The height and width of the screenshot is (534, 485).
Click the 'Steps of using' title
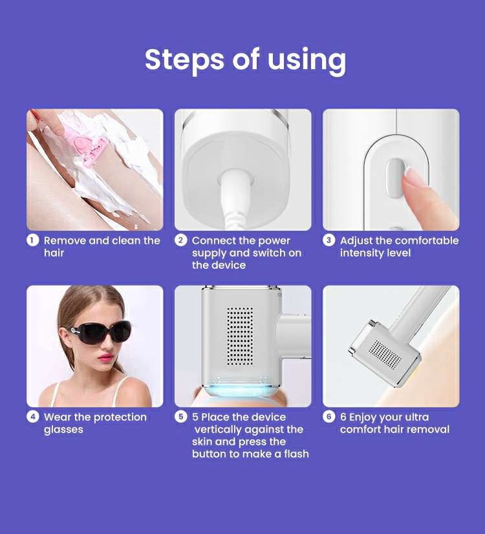coord(245,61)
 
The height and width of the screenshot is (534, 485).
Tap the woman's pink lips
coord(105,357)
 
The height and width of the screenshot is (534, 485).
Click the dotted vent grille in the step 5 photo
coord(240,336)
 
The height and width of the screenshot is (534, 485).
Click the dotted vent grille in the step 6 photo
coord(386,355)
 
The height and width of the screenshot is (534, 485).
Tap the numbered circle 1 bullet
coord(32,240)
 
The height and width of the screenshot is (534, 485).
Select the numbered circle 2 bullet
coord(180,240)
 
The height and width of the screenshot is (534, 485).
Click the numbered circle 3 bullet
coord(329,240)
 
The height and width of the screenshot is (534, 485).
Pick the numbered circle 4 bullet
coord(32,416)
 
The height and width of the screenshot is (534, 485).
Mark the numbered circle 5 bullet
coord(180,416)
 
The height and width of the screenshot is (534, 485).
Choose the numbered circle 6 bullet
coord(329,416)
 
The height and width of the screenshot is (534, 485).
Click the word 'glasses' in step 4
coord(63,430)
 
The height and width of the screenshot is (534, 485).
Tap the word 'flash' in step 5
coord(296,454)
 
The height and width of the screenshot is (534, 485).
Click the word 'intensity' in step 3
coord(362,253)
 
